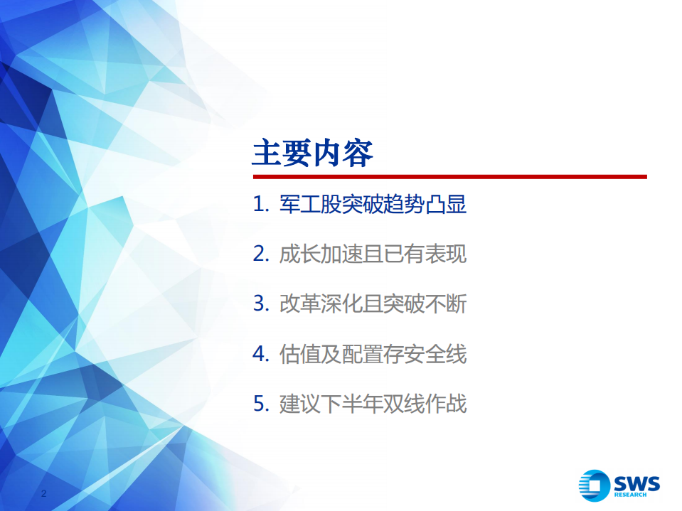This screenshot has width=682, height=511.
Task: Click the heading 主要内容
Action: point(313,153)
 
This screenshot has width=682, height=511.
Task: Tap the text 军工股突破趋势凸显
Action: point(373,205)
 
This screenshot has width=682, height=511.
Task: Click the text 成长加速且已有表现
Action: point(373,254)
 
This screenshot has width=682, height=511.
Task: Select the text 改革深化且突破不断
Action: point(373,304)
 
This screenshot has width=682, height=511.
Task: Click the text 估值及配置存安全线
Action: point(373,354)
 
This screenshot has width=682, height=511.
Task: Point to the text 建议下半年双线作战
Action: point(373,404)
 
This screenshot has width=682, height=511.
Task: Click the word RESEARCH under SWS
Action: point(636,495)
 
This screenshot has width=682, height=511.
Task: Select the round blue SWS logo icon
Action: point(594,485)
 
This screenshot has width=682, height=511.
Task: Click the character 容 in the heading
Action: point(358,153)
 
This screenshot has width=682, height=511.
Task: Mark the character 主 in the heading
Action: point(267,153)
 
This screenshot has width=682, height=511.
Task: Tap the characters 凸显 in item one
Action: point(446,205)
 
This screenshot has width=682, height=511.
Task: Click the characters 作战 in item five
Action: point(446,404)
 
